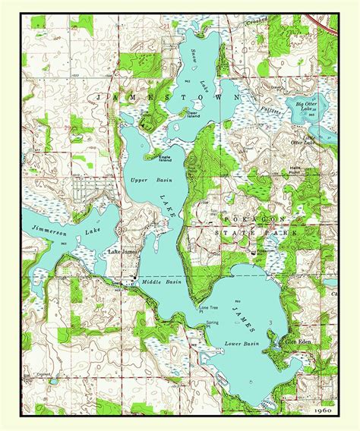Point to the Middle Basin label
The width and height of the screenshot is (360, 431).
163,282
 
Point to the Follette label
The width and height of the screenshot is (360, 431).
270,109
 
